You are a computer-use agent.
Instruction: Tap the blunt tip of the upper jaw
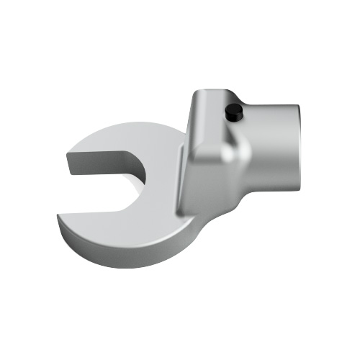point(73,164)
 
